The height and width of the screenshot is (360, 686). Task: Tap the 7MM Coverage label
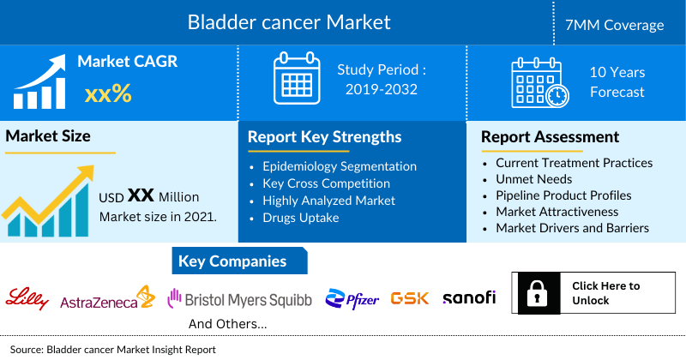[621, 25]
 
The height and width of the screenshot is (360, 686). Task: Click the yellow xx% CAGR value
[108, 93]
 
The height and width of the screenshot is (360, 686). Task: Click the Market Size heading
[48, 135]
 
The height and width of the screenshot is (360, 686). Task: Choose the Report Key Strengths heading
[324, 136]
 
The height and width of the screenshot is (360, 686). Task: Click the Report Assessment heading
[550, 136]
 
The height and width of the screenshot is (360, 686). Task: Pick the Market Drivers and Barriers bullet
[572, 228]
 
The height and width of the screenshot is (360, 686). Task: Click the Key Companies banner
[232, 261]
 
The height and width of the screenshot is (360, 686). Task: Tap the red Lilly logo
[27, 297]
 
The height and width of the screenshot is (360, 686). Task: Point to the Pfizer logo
[352, 298]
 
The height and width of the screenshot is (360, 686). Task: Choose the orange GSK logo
[409, 298]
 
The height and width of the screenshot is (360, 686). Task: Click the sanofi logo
[469, 297]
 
